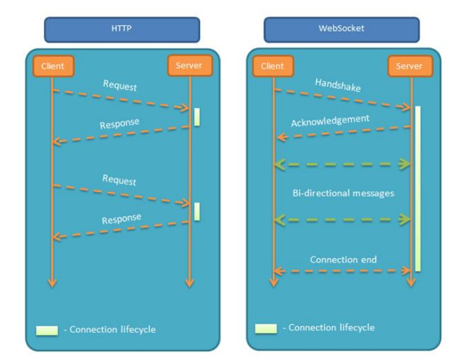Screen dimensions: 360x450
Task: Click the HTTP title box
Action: pos(121,30)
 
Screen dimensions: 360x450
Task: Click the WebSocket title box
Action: pos(341,30)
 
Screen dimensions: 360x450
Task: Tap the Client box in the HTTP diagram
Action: pos(52,66)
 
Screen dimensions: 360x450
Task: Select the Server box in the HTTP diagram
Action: pos(189,65)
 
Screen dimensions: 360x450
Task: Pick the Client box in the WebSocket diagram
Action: pos(272,66)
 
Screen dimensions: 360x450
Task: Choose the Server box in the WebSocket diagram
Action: pos(409,66)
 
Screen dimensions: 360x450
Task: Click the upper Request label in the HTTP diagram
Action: pos(119,86)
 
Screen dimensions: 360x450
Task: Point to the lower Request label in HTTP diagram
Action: pos(119,180)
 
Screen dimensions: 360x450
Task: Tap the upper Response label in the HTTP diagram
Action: pos(119,123)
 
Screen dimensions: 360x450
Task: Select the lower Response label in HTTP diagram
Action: pos(121,219)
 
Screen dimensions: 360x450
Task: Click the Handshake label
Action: pos(337,86)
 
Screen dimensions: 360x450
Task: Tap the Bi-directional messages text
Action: pos(343,193)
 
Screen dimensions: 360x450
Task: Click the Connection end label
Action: pos(343,259)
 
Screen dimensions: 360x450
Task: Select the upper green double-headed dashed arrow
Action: pos(343,164)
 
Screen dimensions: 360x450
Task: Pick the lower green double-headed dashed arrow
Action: pos(343,220)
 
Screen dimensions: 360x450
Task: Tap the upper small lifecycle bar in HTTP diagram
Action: pos(197,117)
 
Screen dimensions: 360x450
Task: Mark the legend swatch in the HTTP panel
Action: pos(46,330)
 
